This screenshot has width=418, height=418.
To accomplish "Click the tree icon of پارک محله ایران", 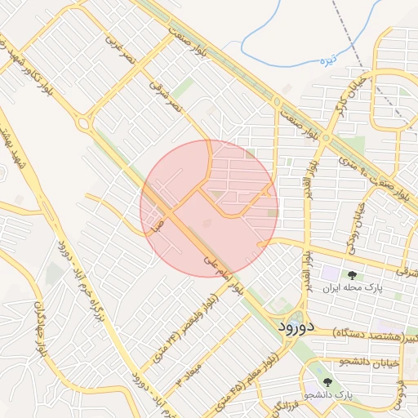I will point(352,275).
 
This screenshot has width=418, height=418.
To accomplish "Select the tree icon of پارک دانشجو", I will point(328,381).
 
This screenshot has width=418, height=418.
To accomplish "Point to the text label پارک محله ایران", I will point(352,288).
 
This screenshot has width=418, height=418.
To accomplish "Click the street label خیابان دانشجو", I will point(367,360).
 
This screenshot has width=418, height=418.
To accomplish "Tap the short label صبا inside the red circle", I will point(160,221).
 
